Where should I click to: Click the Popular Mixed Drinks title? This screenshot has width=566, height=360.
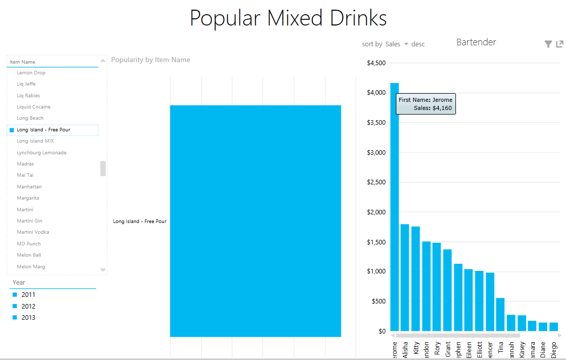click(x=288, y=18)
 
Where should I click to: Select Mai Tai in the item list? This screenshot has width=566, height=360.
click(x=25, y=175)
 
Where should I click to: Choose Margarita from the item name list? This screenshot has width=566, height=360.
click(x=28, y=198)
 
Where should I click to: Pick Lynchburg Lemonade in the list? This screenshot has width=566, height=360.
click(x=41, y=153)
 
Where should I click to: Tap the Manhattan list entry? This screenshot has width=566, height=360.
click(x=29, y=187)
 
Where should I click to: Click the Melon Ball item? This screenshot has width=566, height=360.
click(x=29, y=255)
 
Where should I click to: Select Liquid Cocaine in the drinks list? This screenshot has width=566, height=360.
click(x=33, y=107)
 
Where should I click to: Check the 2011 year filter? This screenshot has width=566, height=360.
click(x=15, y=295)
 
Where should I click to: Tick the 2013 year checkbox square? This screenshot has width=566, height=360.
click(x=15, y=318)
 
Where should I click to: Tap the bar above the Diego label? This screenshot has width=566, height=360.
click(x=553, y=326)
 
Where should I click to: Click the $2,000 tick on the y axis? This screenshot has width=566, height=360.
click(x=377, y=212)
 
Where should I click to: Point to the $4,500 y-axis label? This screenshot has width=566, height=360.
click(x=376, y=63)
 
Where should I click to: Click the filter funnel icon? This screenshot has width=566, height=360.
click(x=548, y=44)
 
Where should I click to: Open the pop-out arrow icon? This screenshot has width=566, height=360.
click(x=560, y=44)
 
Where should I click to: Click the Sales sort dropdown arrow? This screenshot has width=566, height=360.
click(x=406, y=44)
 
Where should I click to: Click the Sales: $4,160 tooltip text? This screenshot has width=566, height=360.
click(x=433, y=108)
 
